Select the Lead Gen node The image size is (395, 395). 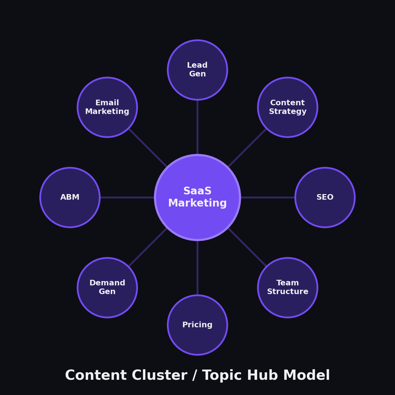197,70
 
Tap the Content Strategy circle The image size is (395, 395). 288,107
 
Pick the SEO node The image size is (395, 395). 325,197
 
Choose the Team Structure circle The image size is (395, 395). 288,288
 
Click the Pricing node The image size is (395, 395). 197,325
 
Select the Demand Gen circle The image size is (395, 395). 107,288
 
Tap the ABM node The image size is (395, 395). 70,197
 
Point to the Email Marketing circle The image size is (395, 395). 107,107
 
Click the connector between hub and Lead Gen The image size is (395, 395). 197,127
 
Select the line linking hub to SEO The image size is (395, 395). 268,197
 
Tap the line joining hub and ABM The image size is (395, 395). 127,197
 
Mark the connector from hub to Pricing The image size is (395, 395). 197,268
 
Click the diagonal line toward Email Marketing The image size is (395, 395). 148,148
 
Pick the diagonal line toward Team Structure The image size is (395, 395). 247,247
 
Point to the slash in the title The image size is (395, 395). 195,376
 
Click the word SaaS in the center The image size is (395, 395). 197,191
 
